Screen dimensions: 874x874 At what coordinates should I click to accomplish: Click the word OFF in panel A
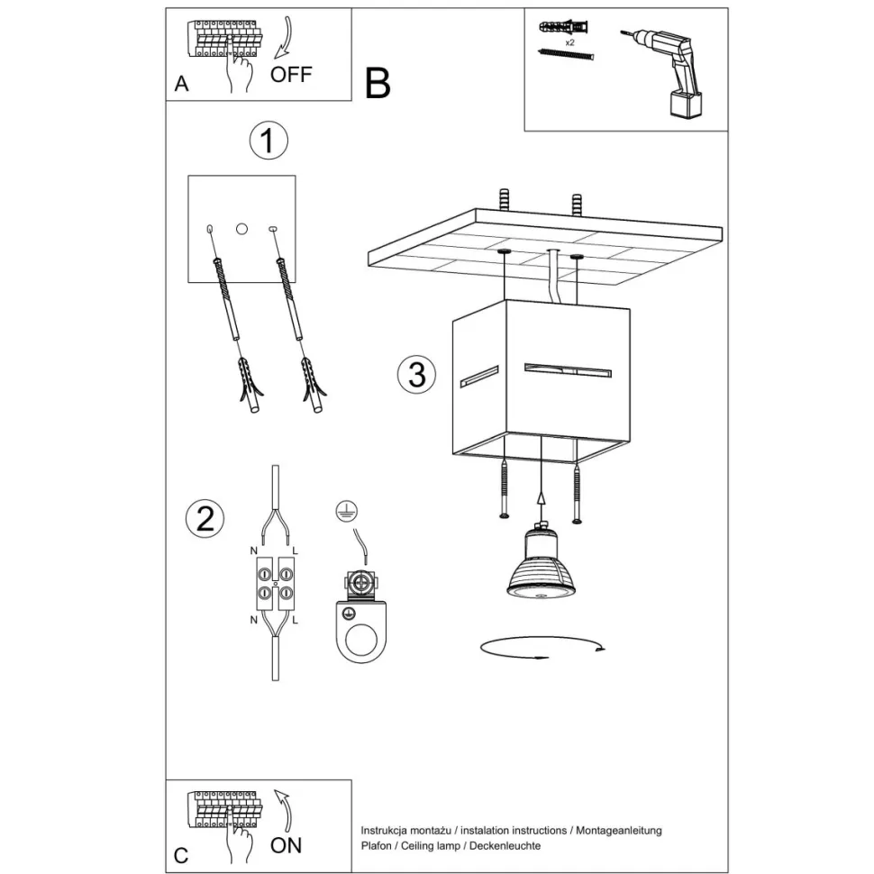291,74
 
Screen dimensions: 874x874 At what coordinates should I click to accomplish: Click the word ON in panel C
286,845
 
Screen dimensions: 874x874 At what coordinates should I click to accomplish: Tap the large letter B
378,84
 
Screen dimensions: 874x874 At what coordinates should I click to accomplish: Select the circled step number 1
269,141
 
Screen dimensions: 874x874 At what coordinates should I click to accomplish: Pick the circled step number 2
205,518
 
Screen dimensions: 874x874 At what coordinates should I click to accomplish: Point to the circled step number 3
417,374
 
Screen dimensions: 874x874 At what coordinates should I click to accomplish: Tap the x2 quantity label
569,42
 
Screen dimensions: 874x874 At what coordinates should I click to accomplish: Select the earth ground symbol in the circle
347,511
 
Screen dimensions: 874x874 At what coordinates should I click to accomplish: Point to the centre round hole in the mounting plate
241,229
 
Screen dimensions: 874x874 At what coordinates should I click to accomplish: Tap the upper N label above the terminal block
253,551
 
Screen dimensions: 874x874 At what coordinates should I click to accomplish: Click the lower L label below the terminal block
296,620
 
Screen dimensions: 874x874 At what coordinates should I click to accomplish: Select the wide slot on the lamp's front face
568,370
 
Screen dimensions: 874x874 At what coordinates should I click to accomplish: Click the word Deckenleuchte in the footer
505,845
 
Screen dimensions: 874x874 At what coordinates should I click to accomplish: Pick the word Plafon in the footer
377,845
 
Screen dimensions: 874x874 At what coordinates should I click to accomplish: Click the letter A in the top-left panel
182,84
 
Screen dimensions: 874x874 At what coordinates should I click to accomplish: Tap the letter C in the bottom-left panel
181,856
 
